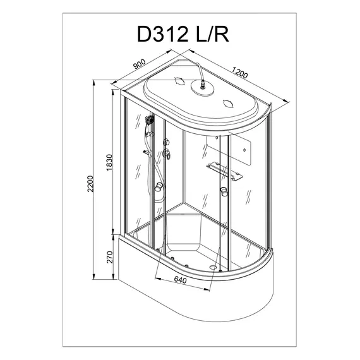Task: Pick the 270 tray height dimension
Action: tap(109, 256)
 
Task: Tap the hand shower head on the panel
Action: tap(149, 120)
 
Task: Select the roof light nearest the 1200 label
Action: tap(229, 102)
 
